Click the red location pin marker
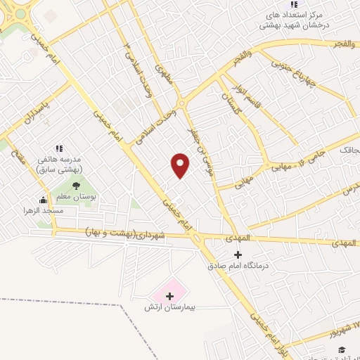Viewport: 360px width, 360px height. [181, 165]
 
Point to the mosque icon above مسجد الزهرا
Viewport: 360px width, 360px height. [43, 199]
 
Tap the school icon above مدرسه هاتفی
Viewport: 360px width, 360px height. [59, 148]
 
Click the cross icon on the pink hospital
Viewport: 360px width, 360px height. [169, 295]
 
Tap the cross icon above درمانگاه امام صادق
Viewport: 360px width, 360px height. [238, 254]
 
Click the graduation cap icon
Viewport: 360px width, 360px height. [342, 349]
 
